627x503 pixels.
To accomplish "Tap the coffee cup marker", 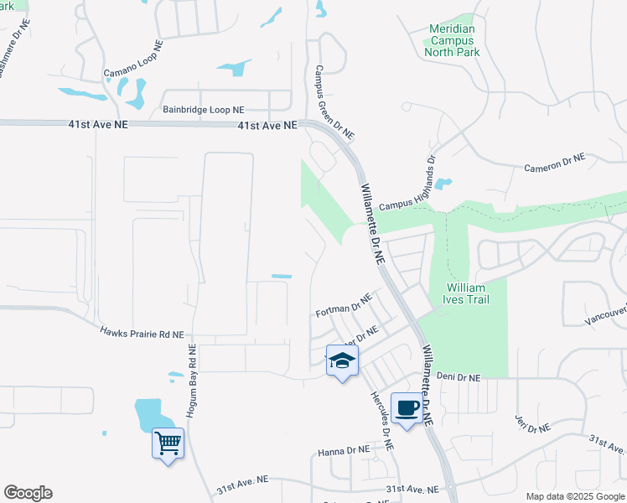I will coord(407,408).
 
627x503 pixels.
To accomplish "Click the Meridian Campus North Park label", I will coord(452,40).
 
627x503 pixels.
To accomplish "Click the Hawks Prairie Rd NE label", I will coord(142,334).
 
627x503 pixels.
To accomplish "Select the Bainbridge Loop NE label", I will coord(204,110).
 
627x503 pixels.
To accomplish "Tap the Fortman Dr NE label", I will coord(343,306).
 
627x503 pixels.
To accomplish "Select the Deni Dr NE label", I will coord(458,378).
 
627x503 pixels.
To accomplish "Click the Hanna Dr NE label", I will coord(344,451).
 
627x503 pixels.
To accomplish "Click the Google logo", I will coord(28,493).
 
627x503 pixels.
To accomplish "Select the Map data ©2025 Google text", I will coord(575,496).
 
